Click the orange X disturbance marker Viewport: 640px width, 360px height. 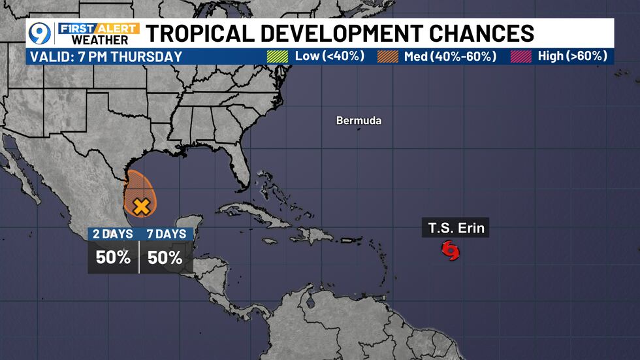coord(141,207)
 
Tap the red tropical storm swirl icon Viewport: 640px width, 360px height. coord(450,250)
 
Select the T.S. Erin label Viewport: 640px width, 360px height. coord(458,229)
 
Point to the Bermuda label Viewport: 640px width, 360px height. coord(359,121)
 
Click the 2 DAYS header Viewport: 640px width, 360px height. coord(113,234)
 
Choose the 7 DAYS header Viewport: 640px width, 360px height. coord(166,234)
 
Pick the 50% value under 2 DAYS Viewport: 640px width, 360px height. coord(113,257)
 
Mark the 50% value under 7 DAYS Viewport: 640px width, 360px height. coord(165,257)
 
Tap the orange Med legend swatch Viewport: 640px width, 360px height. coord(387,56)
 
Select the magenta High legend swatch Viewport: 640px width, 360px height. coord(521,56)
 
